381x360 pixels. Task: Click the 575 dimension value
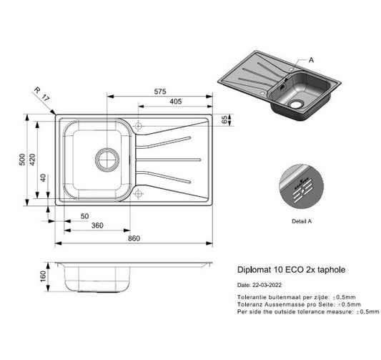[159, 92]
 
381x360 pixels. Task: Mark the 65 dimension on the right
[224, 120]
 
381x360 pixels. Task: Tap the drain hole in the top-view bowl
[104, 157]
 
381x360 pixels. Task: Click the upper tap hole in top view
[138, 127]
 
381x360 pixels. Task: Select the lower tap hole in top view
[138, 193]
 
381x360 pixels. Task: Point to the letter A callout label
[311, 60]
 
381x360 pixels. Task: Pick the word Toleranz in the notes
[250, 304]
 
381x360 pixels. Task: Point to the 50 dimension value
[84, 215]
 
